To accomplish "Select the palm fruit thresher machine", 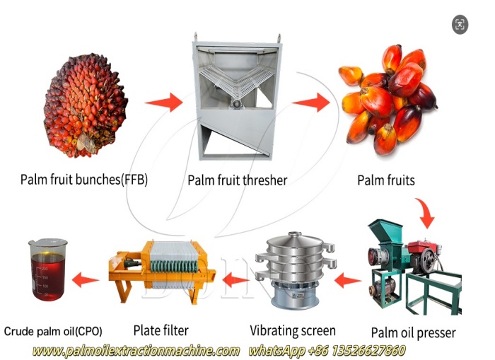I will coord(236,98).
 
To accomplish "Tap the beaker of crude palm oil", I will coord(48,268).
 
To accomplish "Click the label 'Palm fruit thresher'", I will coord(237,180).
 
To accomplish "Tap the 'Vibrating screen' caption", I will coord(293,330).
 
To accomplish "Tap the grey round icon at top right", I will coord(460,25).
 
